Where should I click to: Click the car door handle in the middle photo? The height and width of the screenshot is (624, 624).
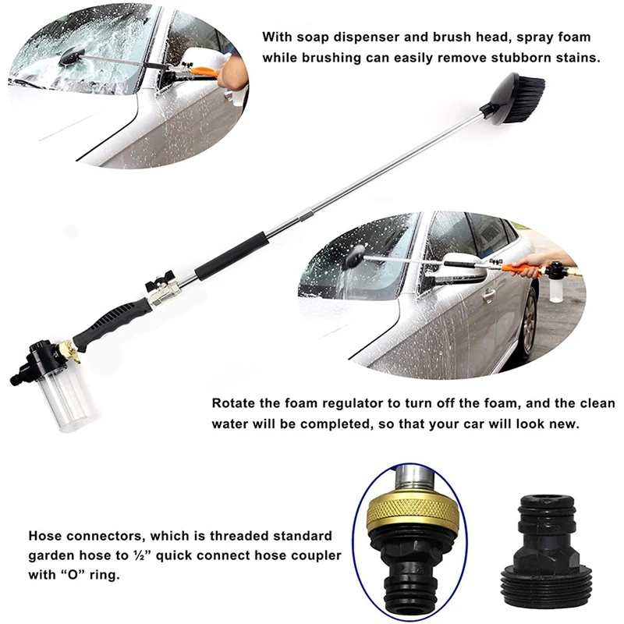tap(488, 295)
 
